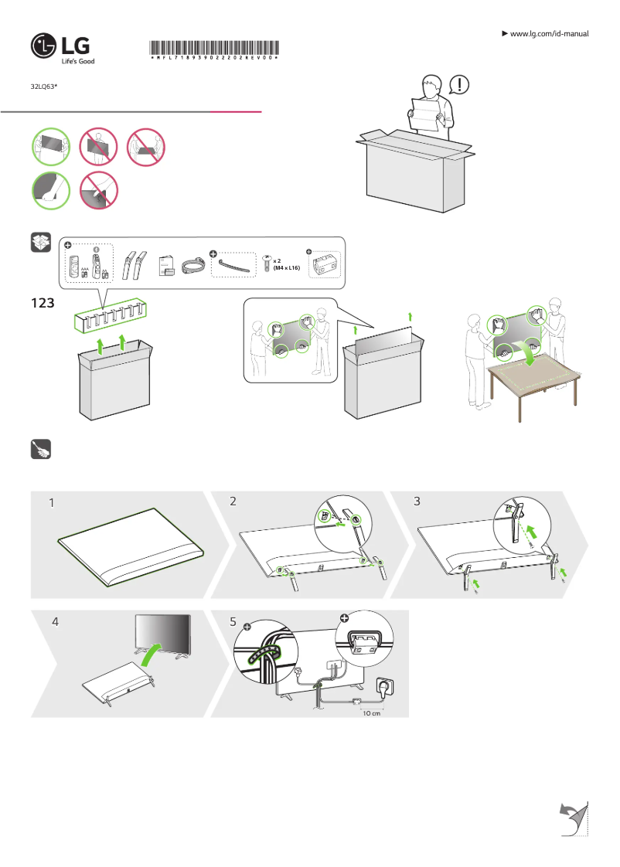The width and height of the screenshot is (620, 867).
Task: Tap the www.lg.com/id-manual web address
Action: (550, 34)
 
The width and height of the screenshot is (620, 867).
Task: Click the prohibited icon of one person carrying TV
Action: (99, 147)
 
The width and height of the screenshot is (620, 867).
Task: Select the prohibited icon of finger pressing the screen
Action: (99, 190)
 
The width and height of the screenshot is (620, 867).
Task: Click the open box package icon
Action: (41, 243)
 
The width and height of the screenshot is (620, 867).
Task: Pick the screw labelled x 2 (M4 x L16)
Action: (267, 263)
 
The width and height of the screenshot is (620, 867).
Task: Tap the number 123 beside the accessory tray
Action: (43, 304)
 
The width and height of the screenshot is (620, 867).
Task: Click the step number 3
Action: (417, 501)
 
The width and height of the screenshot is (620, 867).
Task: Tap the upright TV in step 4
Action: (162, 635)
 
